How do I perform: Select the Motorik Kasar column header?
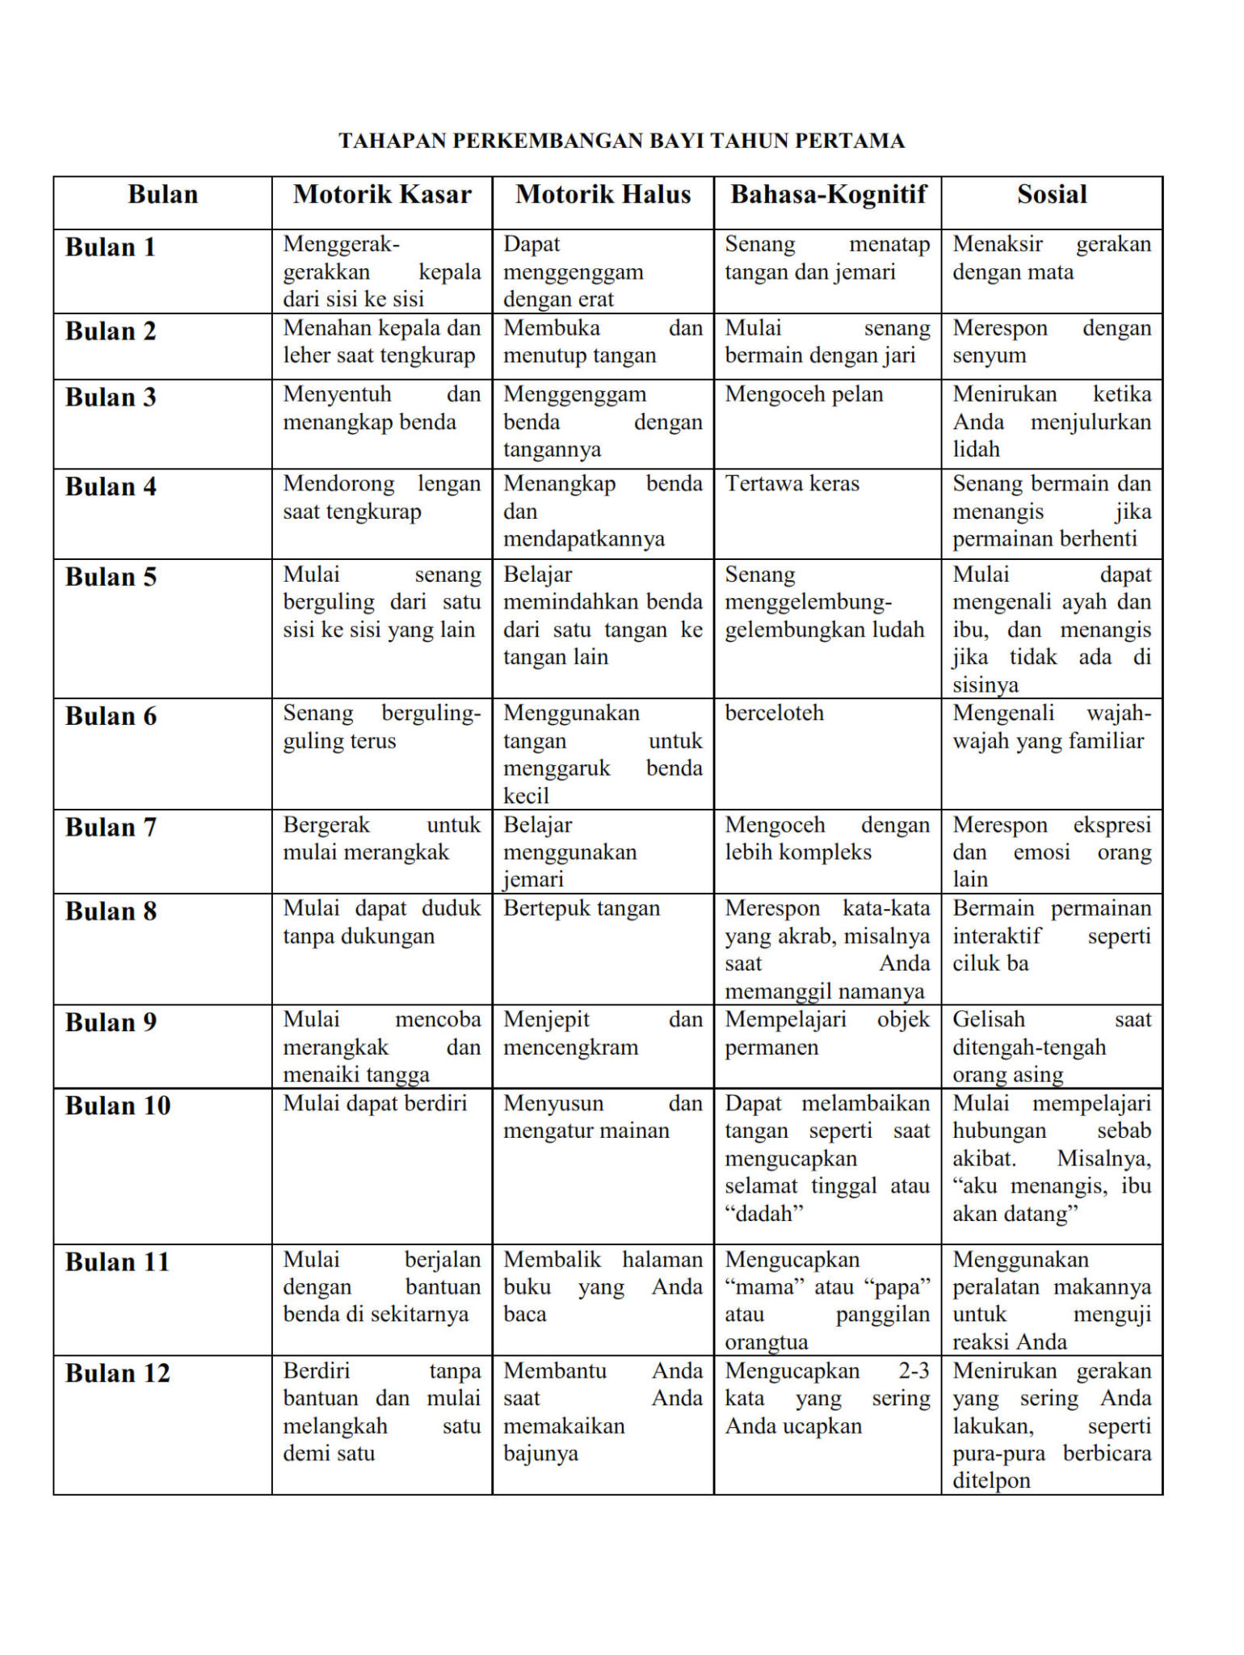tap(382, 195)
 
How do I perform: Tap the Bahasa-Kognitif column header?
tap(828, 195)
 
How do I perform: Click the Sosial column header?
tap(1052, 195)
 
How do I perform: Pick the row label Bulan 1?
tap(111, 247)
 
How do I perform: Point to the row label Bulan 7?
tap(111, 827)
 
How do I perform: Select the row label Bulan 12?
tap(118, 1374)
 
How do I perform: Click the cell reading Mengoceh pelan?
tap(804, 394)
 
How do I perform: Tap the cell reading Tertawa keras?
tap(792, 484)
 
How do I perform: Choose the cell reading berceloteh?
tap(774, 714)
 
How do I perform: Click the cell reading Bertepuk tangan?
tap(582, 908)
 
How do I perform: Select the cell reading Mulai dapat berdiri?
tap(375, 1103)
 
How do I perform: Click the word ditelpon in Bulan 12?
tap(991, 1481)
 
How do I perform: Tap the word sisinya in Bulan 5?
tap(985, 685)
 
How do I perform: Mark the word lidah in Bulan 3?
tap(976, 449)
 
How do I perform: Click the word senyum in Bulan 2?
tap(989, 356)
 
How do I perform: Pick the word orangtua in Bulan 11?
tap(766, 1342)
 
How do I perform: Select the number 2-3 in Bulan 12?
tap(914, 1371)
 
